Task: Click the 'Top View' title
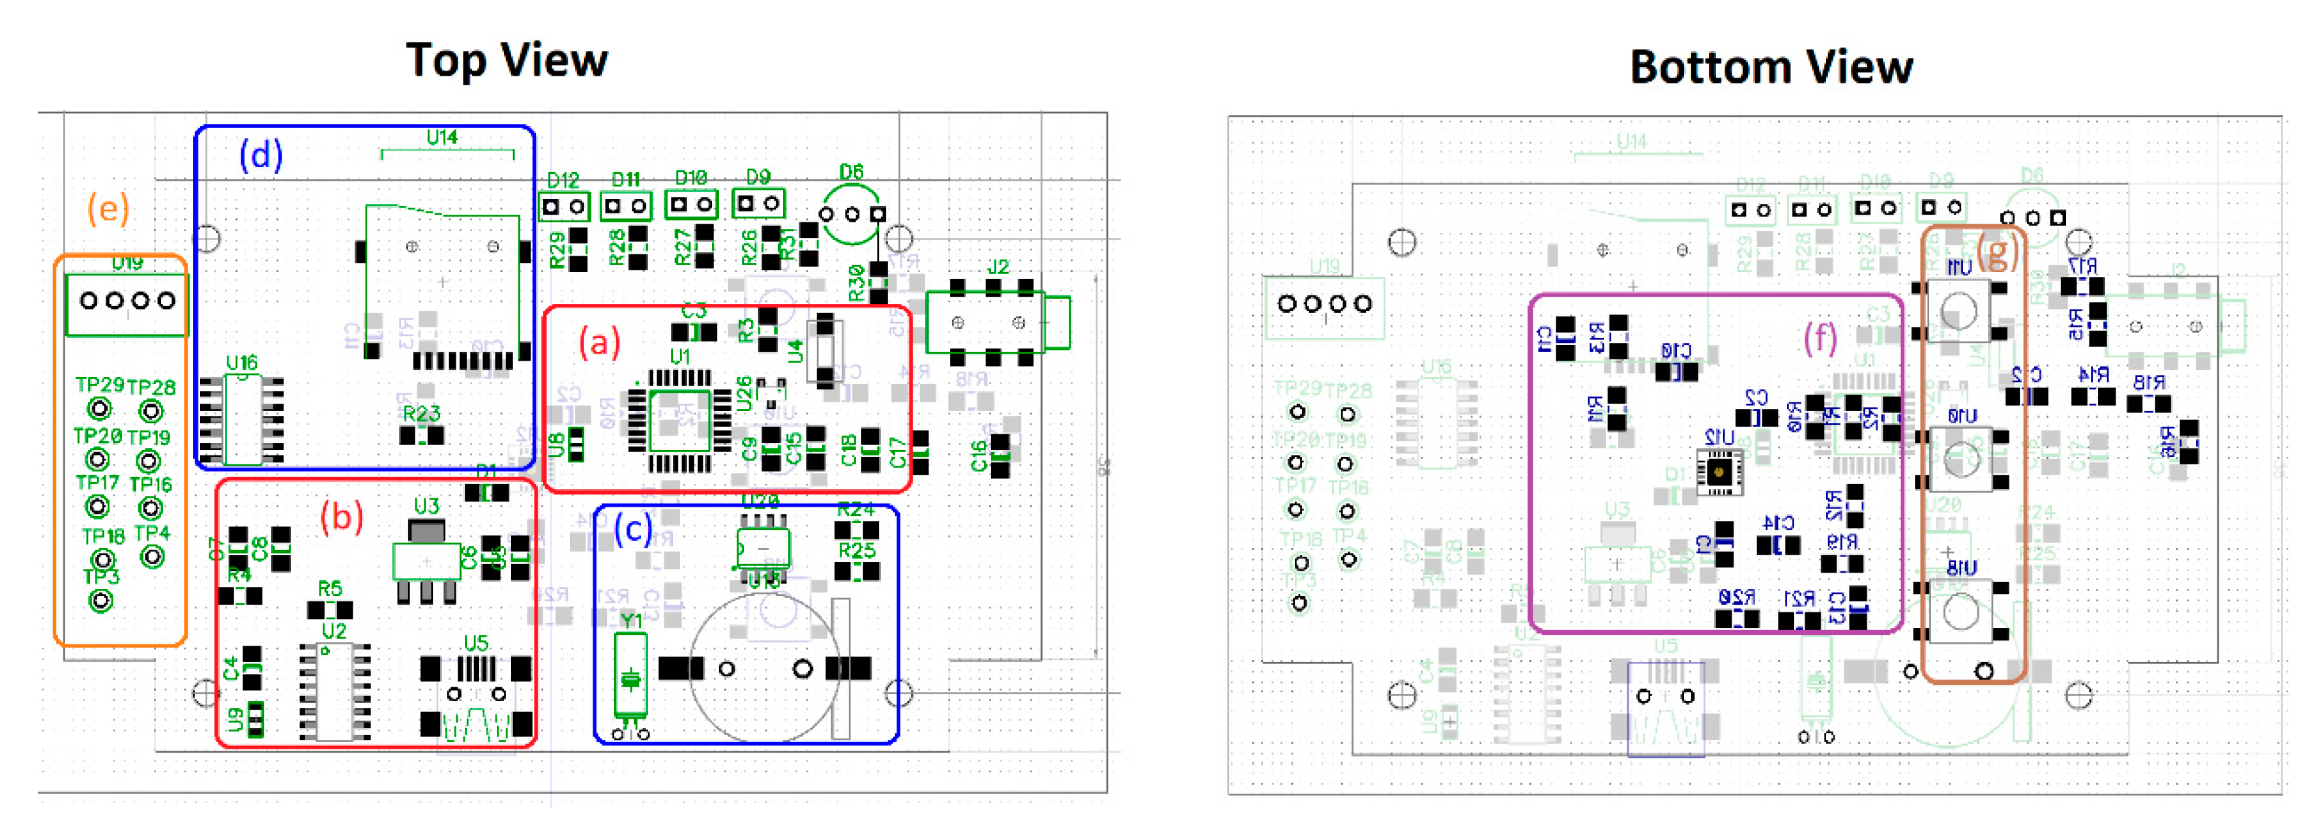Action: click(507, 61)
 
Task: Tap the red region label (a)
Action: click(599, 342)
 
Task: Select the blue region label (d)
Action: click(260, 155)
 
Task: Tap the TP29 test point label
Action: click(99, 385)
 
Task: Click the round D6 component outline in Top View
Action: click(851, 214)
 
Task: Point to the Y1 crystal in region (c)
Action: click(630, 674)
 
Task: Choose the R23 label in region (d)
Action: click(421, 413)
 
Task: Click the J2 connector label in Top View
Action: click(998, 267)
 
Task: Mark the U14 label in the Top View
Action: click(441, 137)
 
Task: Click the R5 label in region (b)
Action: click(330, 588)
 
